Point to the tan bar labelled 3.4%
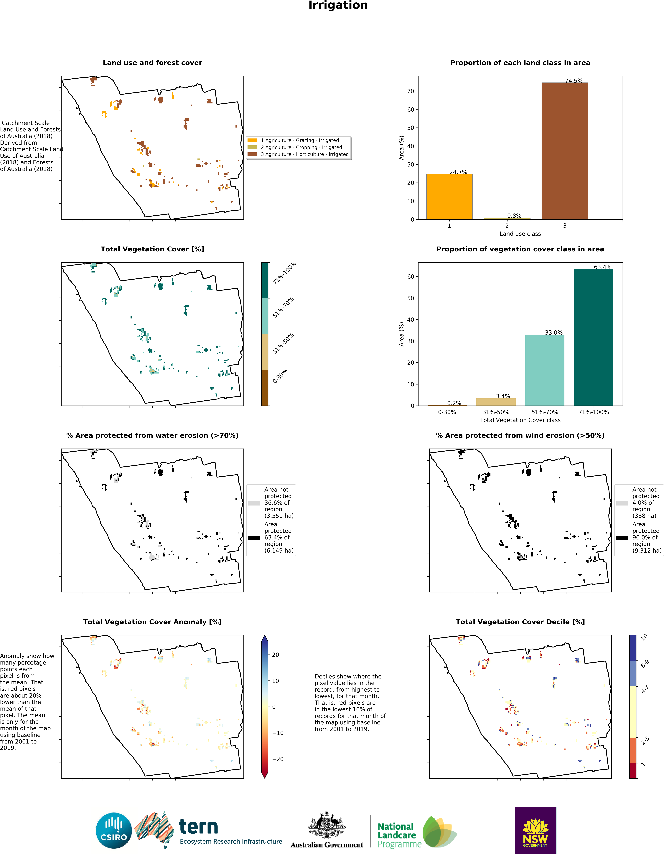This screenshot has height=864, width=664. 496,402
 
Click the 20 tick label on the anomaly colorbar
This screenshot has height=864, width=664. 276,655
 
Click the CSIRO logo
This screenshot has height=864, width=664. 114,830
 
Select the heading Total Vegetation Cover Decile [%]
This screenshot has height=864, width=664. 520,622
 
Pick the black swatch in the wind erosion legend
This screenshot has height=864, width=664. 622,538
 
